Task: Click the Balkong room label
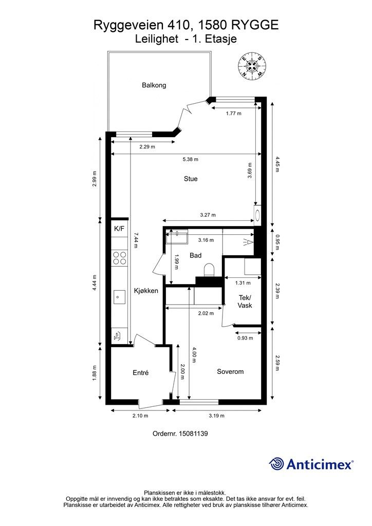pyautogui.click(x=154, y=85)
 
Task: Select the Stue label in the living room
pyautogui.click(x=191, y=179)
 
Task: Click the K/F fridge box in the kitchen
pyautogui.click(x=119, y=229)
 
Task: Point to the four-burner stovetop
pyautogui.click(x=120, y=258)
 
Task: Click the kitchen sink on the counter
pyautogui.click(x=119, y=297)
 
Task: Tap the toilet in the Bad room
pyautogui.click(x=209, y=270)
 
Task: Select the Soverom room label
pyautogui.click(x=230, y=372)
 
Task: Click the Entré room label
pyautogui.click(x=141, y=373)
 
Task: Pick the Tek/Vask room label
pyautogui.click(x=245, y=301)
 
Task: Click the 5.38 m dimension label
pyautogui.click(x=191, y=159)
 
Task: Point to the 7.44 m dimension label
pyautogui.click(x=136, y=240)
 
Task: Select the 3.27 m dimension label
pyautogui.click(x=208, y=215)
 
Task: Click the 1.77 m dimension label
pyautogui.click(x=233, y=114)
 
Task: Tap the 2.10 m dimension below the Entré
pyautogui.click(x=140, y=416)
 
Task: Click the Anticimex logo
pyautogui.click(x=311, y=464)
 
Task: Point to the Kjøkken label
pyautogui.click(x=146, y=291)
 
